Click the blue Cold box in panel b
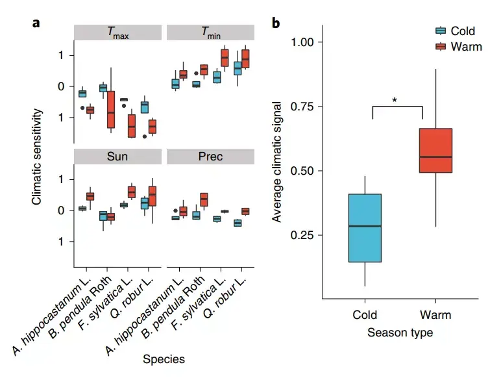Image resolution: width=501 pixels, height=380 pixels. point(365,227)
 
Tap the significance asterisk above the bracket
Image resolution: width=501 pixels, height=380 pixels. point(395,100)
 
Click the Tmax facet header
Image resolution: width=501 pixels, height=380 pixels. point(117,33)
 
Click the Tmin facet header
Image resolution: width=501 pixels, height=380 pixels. point(210,33)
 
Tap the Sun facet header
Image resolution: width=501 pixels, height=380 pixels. point(117,157)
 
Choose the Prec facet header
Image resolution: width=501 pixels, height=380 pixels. point(210,157)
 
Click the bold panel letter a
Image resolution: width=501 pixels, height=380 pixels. point(36,23)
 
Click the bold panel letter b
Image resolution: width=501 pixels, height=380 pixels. point(276,24)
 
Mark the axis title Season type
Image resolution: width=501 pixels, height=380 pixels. point(400,333)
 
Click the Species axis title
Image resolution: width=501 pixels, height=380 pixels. point(164,359)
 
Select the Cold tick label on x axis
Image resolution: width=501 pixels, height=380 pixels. point(365,315)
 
